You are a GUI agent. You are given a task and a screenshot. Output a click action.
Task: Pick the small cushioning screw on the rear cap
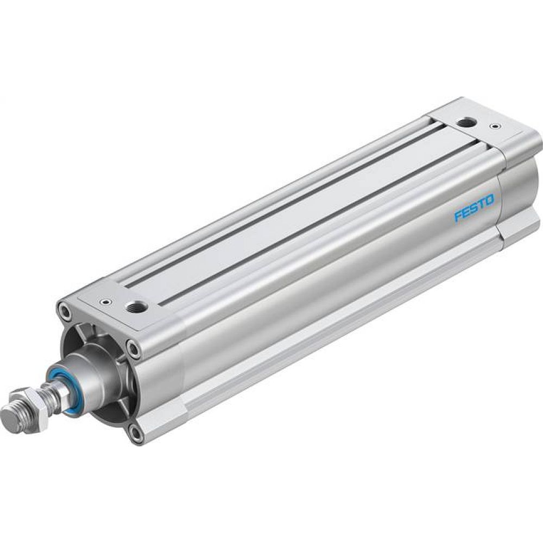(x=495, y=128)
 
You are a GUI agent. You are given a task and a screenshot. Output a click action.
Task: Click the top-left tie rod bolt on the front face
(x=66, y=312)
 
